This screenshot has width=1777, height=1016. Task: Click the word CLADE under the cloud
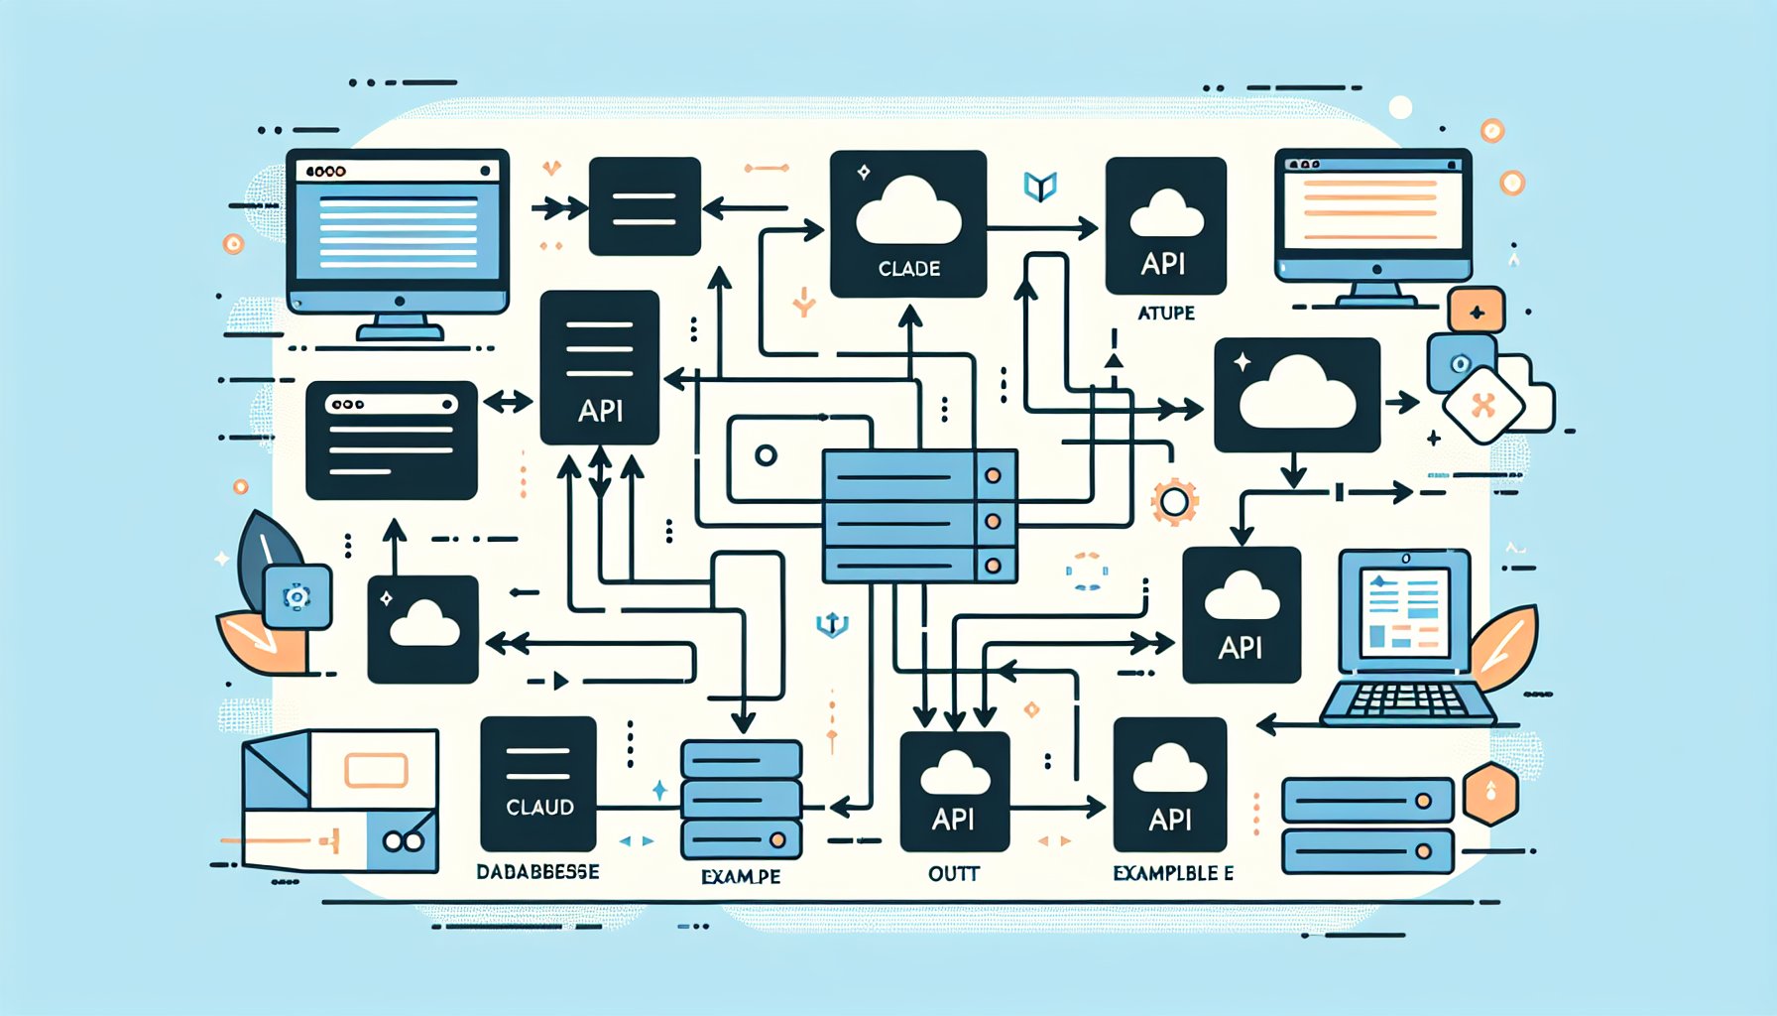908,268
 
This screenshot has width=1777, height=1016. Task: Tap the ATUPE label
1165,313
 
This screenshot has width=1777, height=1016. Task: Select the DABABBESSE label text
537,872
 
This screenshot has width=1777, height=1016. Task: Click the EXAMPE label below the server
740,876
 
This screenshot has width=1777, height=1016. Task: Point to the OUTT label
954,874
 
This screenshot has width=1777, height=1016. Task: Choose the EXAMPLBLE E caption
1173,873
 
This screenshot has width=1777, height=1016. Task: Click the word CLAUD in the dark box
539,808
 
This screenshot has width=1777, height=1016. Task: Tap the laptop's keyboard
1408,700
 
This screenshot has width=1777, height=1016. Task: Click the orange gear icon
1174,502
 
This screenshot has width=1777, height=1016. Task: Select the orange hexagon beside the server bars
1490,794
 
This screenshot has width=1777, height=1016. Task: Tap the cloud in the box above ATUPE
1166,213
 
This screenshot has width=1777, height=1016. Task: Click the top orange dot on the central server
993,475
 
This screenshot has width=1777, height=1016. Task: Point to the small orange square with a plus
1477,312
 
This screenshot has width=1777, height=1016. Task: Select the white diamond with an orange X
1483,405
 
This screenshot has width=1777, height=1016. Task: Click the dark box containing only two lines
645,206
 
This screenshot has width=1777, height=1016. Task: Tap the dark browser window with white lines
392,440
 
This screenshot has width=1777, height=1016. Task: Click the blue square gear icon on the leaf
296,596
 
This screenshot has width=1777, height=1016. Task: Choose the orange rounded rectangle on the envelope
376,770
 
